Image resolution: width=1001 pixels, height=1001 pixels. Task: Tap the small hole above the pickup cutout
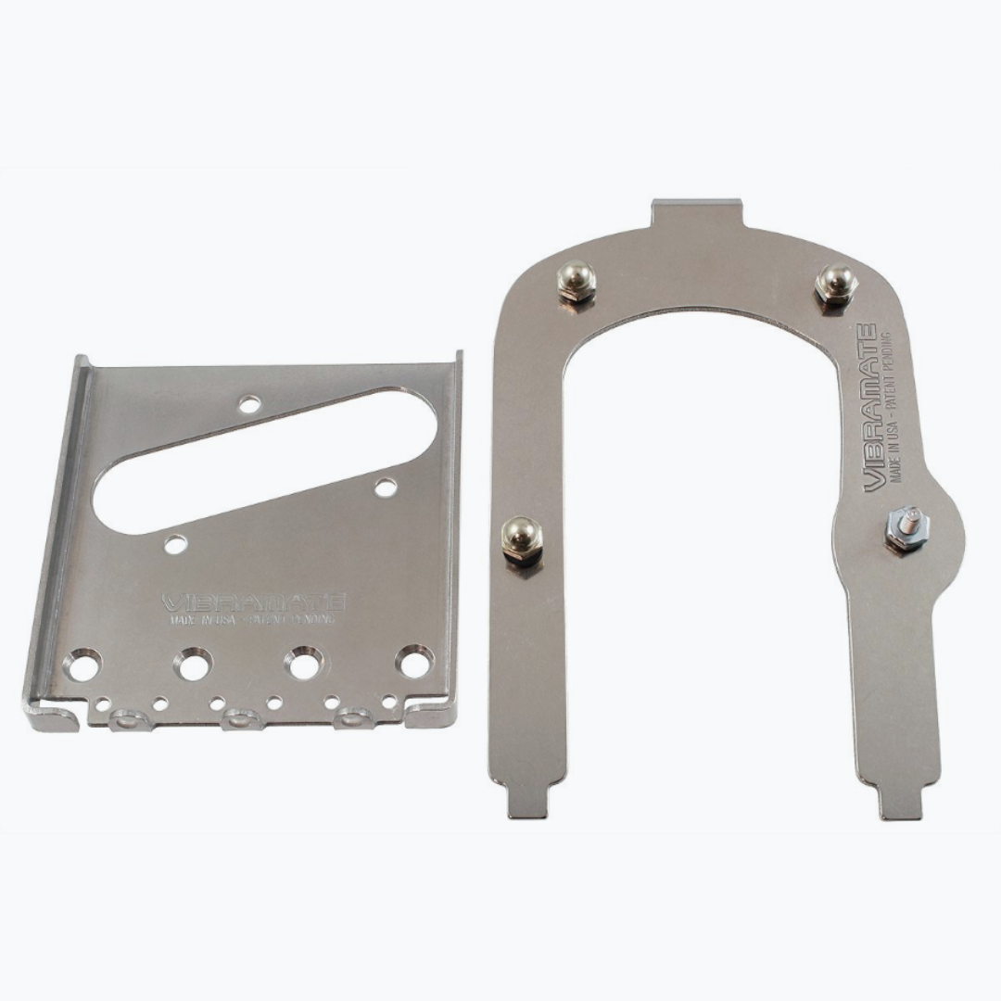(x=249, y=403)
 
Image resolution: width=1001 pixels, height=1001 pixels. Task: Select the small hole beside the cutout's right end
(x=386, y=487)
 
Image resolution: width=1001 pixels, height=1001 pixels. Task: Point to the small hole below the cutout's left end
(x=175, y=544)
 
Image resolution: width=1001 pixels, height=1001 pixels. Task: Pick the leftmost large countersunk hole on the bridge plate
(x=83, y=665)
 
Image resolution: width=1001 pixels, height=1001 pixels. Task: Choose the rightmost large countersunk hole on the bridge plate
(x=414, y=662)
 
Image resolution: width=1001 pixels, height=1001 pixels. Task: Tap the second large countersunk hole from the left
(x=195, y=665)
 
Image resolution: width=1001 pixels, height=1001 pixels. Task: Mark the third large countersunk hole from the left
(x=305, y=664)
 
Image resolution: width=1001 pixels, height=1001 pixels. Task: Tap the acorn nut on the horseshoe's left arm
(x=521, y=539)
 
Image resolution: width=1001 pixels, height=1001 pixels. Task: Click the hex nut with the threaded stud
(x=906, y=529)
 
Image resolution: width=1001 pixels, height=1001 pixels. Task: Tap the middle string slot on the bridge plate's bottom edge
(x=243, y=718)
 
